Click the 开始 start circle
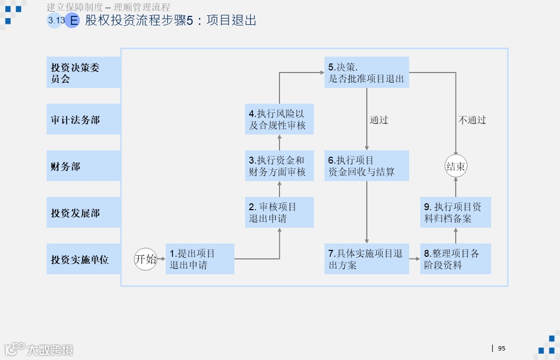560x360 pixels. (146, 259)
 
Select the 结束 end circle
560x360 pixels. (456, 167)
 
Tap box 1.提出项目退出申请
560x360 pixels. (200, 259)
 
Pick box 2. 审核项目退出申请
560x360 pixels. (279, 212)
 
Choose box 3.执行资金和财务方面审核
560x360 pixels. (279, 166)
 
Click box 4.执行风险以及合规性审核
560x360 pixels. (279, 119)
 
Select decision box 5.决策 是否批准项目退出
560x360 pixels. (367, 73)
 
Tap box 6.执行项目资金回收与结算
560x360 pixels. (367, 166)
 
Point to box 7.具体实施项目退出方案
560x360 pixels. (367, 259)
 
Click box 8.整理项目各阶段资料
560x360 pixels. (456, 259)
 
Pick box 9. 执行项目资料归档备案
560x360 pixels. (456, 212)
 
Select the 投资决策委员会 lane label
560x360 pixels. (84, 73)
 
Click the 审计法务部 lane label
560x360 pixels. (84, 120)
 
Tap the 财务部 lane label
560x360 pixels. (84, 166)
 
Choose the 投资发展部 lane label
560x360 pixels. (84, 213)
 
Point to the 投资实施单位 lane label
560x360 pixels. (84, 259)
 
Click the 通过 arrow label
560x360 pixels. (379, 120)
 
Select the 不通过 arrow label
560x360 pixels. (472, 120)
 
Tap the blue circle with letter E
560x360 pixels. (72, 21)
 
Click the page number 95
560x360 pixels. (502, 348)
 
